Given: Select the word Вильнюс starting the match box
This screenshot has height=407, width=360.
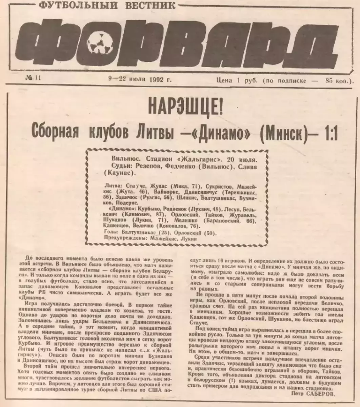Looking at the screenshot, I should pyautogui.click(x=123, y=159).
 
